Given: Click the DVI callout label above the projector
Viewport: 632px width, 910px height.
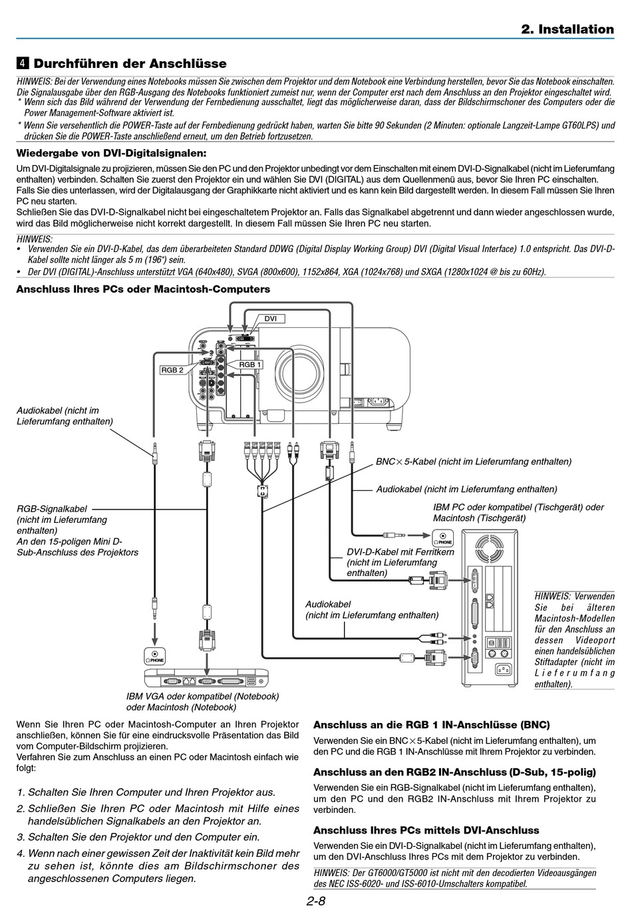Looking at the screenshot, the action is [270, 319].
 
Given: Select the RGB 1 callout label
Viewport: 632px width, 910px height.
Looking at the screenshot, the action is [249, 365].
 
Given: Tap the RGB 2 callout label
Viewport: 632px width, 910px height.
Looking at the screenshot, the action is [172, 370].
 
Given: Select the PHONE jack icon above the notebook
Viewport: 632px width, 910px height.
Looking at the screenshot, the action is [155, 657].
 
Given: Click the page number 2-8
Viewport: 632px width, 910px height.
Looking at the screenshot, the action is [315, 901].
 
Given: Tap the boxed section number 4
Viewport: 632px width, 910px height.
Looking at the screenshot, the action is [23, 63].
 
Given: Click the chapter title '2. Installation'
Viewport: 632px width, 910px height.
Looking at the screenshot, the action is [567, 29].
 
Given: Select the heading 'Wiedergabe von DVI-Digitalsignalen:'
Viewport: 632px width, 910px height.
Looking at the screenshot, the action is [111, 153].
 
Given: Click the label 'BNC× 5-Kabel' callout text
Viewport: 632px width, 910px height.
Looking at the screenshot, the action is [406, 462].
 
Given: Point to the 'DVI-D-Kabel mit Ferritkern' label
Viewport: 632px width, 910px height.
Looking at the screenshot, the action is [400, 551].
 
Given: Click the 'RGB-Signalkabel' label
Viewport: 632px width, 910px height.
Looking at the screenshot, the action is [52, 509].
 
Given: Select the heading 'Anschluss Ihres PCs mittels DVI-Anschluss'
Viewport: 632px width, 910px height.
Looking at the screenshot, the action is [426, 830].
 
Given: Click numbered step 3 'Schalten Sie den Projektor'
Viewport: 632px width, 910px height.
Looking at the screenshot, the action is [138, 837].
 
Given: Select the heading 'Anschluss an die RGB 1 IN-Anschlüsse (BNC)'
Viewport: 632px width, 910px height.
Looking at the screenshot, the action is [431, 725].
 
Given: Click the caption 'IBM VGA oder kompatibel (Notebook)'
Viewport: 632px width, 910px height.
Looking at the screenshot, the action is [203, 696].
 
